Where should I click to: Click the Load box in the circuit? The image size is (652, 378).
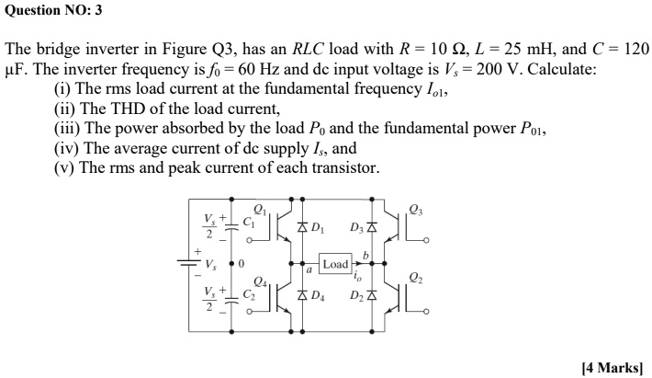[x=335, y=263]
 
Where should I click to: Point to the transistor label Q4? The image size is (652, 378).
[x=260, y=281]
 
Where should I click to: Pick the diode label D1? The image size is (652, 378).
[x=318, y=227]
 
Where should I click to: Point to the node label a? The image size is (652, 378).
[x=309, y=272]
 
